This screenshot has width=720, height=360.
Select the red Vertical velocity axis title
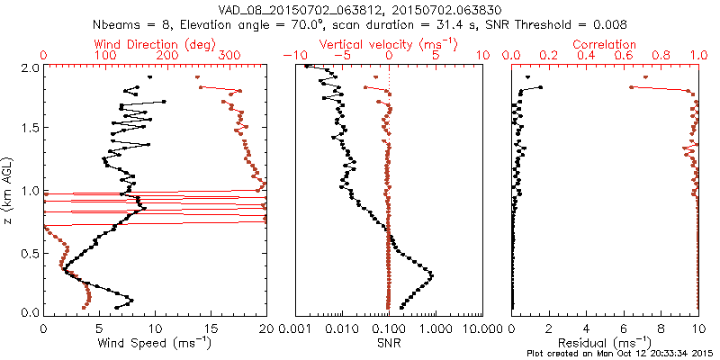pos(376,44)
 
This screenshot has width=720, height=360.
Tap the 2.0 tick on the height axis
pos(30,67)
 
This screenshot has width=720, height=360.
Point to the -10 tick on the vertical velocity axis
pos(292,56)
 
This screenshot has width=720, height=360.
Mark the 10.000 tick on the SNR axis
pos(479,329)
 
